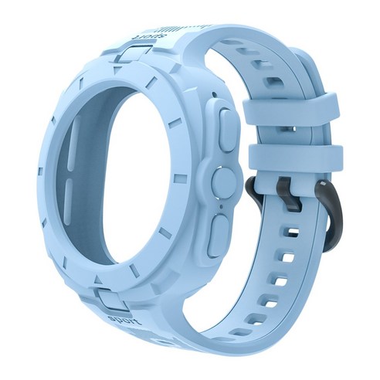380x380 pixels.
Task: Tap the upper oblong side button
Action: coord(228,130)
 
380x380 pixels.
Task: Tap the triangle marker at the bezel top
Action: coord(117,70)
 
